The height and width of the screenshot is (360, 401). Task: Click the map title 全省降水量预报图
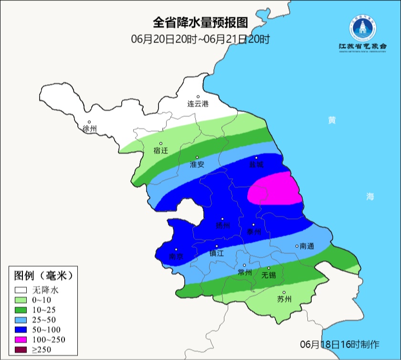[200, 22]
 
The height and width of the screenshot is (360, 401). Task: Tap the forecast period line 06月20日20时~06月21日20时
[200, 39]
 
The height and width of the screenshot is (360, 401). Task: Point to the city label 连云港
[198, 104]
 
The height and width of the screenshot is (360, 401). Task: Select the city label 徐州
[89, 129]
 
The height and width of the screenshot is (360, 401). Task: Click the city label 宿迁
[161, 150]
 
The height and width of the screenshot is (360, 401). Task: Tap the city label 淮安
[197, 164]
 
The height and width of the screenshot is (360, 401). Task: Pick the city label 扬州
[222, 225]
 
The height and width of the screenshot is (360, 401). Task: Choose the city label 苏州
[284, 299]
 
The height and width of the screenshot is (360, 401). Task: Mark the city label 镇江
[217, 254]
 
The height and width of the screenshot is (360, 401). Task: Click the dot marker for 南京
[176, 249]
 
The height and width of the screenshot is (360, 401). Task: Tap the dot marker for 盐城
[256, 158]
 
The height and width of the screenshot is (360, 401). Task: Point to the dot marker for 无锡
[269, 268]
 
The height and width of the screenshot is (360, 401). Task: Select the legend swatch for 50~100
[21, 329]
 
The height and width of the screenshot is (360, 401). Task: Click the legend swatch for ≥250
[21, 350]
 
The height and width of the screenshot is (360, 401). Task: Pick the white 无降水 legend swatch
[21, 289]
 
